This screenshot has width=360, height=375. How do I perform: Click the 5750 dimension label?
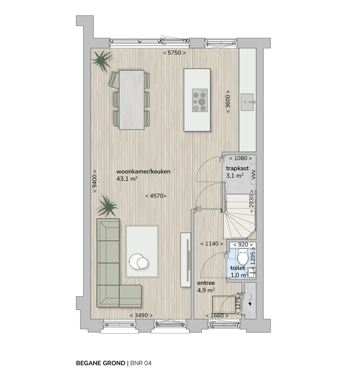[x=174, y=53]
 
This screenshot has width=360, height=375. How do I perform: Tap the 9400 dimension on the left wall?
[x=95, y=181]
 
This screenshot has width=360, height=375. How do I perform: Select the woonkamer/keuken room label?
[x=143, y=172]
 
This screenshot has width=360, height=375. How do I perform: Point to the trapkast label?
[x=238, y=168]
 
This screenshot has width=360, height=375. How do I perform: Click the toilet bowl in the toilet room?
[x=243, y=256]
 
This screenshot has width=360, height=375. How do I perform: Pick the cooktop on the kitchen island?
[x=200, y=100]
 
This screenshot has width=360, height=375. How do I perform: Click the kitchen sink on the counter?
[x=247, y=102]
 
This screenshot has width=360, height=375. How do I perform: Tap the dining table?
[x=132, y=100]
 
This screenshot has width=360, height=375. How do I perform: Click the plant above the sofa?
[x=108, y=207]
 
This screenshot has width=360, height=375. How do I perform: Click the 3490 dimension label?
[x=141, y=315]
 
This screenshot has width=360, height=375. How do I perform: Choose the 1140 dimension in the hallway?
[x=212, y=244]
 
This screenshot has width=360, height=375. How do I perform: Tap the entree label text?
[x=206, y=283]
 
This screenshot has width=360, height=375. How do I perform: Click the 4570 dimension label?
[x=156, y=196]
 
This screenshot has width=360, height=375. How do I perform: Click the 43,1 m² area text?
[x=127, y=179]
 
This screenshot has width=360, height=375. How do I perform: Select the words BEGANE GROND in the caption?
[x=101, y=363]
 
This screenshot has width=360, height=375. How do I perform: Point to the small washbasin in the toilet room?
[x=251, y=273]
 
